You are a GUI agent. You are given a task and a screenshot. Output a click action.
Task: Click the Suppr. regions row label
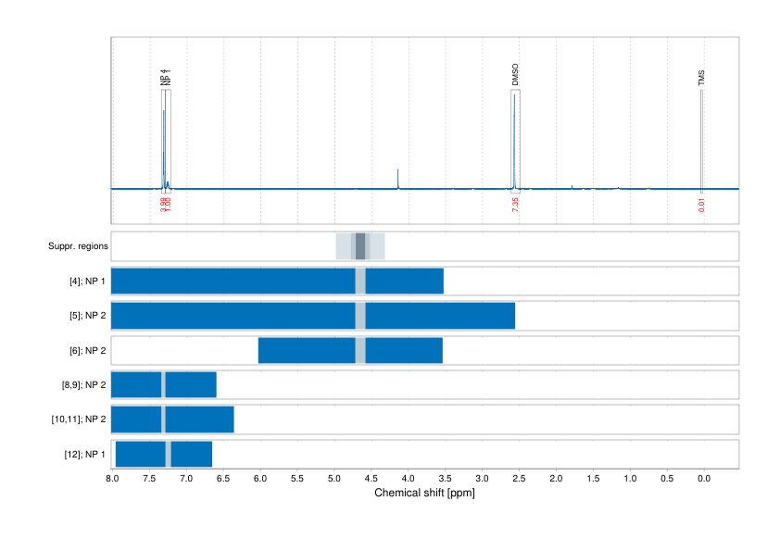[x=79, y=246]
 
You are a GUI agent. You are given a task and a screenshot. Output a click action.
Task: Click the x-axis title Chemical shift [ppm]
[x=424, y=493]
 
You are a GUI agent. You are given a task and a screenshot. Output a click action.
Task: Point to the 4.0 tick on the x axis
[x=408, y=479]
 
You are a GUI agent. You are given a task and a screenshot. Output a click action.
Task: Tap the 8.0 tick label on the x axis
[x=112, y=479]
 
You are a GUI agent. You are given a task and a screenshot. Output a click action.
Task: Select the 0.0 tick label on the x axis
[x=703, y=479]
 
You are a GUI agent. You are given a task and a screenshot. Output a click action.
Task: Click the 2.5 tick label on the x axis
[x=519, y=479]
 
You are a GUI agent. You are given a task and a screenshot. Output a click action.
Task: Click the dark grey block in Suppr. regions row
[x=360, y=246]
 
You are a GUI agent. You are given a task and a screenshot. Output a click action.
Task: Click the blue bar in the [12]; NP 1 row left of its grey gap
[x=140, y=455]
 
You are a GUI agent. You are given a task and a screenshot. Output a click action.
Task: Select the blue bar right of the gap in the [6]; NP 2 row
[x=404, y=351]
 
